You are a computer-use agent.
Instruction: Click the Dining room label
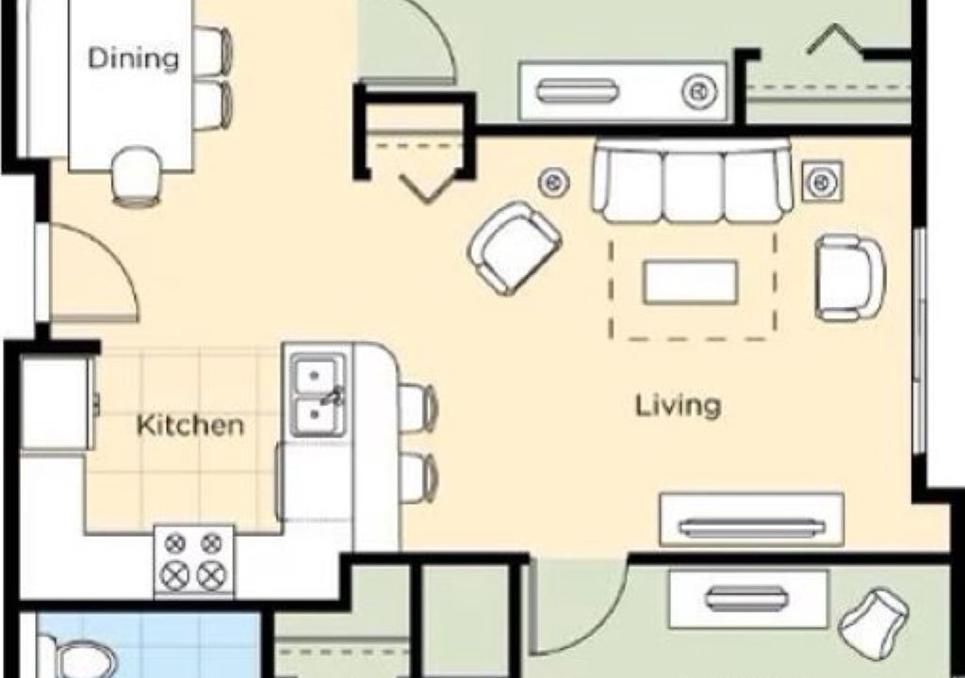coord(134,58)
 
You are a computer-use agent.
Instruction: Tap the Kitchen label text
coord(189,425)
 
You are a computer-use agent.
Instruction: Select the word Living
coord(678,407)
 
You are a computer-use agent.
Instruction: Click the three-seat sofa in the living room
coord(692,180)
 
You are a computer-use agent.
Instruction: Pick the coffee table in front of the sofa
coord(691,282)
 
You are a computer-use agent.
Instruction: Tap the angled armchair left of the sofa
coord(514,248)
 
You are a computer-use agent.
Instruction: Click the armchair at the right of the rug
coord(850,278)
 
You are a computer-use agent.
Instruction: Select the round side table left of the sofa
coord(554,182)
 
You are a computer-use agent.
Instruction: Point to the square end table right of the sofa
coord(822,181)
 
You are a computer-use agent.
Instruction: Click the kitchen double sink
coord(318,395)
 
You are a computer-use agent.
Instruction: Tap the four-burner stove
coord(194,560)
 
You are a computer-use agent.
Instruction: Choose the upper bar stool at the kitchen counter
coord(418,407)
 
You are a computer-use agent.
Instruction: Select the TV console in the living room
coord(751,520)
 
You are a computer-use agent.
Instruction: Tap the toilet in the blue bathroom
coord(78,659)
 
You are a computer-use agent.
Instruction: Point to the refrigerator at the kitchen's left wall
coord(57,404)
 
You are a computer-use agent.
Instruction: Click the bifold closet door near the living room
coord(427,187)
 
